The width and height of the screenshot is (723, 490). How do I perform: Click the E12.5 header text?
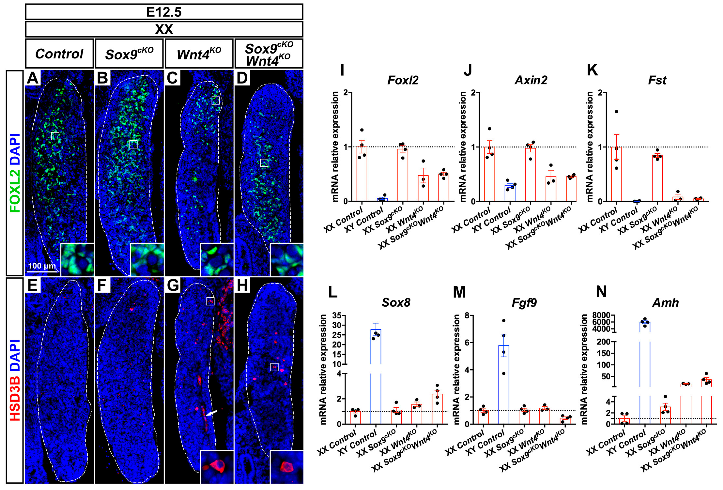(164, 12)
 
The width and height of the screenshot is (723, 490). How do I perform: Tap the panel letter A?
(32, 78)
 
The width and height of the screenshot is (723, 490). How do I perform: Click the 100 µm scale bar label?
(42, 266)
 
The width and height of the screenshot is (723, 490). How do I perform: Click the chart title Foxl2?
(403, 80)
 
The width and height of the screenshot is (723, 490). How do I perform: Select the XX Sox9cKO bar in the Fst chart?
(657, 178)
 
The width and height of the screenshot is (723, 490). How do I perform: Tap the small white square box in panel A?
(55, 136)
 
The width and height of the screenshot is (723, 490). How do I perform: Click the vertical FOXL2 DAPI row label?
(15, 173)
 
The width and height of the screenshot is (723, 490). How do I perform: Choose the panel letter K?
(592, 70)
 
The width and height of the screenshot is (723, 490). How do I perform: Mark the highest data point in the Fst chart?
(616, 112)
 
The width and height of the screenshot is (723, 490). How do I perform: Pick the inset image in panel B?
(147, 260)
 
